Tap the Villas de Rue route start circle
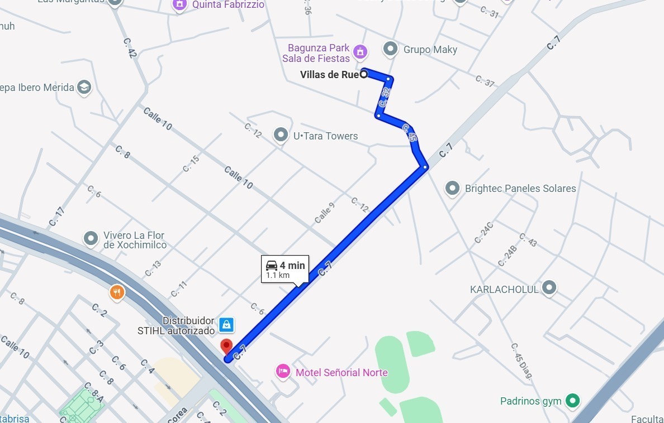pyautogui.click(x=364, y=74)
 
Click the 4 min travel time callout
pyautogui.click(x=285, y=269)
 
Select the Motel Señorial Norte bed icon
pyautogui.click(x=283, y=371)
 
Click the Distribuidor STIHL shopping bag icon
pyautogui.click(x=226, y=324)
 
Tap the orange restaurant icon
pyautogui.click(x=117, y=292)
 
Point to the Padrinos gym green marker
pyautogui.click(x=571, y=400)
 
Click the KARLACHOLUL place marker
pyautogui.click(x=550, y=288)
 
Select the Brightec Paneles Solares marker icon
pyautogui.click(x=452, y=188)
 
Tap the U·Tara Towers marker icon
pyautogui.click(x=281, y=135)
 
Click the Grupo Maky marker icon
pyautogui.click(x=390, y=49)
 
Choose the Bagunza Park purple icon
pyautogui.click(x=361, y=52)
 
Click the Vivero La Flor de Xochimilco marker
pyautogui.click(x=91, y=239)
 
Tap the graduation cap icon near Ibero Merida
pyautogui.click(x=84, y=87)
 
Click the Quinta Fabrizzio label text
pyautogui.click(x=228, y=5)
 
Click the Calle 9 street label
pyautogui.click(x=324, y=213)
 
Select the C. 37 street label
pyautogui.click(x=485, y=81)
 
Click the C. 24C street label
pyautogui.click(x=483, y=233)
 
